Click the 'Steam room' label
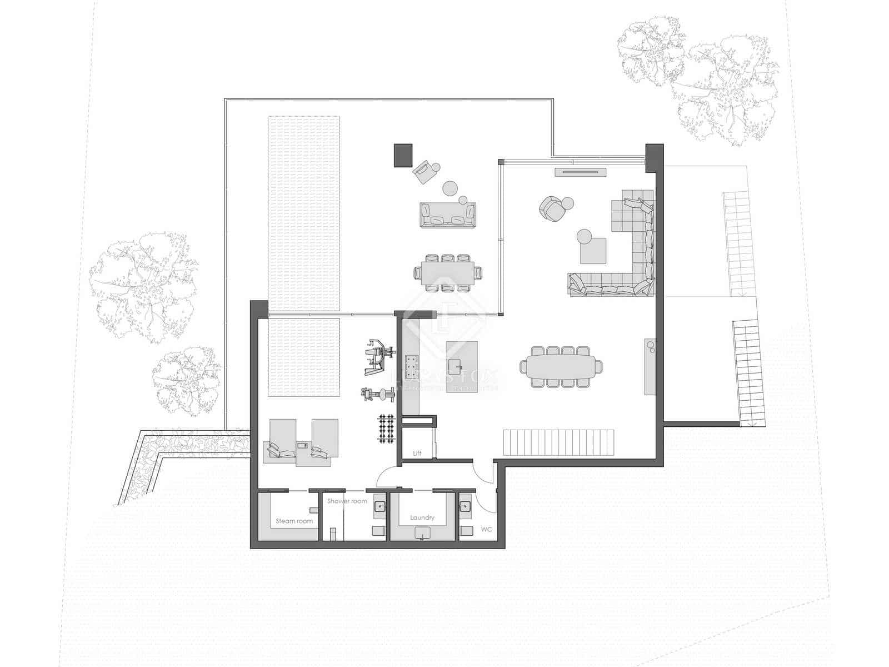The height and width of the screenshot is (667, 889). coord(294,521)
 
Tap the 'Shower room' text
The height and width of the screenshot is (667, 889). coord(347,501)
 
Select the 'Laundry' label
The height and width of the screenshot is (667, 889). coord(422,517)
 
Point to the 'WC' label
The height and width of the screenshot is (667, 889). coord(486,530)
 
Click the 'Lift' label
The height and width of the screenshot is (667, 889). coord(417,453)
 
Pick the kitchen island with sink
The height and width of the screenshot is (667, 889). coord(462,360)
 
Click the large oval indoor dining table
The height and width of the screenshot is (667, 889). coord(561,366)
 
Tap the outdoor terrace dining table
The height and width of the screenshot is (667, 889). coord(448,272)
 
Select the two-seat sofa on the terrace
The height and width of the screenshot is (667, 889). coord(448,215)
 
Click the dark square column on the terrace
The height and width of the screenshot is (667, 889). coord(403,155)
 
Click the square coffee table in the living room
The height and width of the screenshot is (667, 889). coord(593,250)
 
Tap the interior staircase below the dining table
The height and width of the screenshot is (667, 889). coord(558,442)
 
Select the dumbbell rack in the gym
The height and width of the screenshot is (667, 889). coord(386,429)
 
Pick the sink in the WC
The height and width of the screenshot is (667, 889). coord(465,506)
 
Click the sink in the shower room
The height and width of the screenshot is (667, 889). coord(380,506)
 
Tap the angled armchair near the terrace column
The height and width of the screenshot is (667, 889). coord(424,172)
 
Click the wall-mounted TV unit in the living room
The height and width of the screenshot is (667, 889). coord(579,172)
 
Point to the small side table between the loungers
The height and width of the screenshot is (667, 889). coord(302,445)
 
